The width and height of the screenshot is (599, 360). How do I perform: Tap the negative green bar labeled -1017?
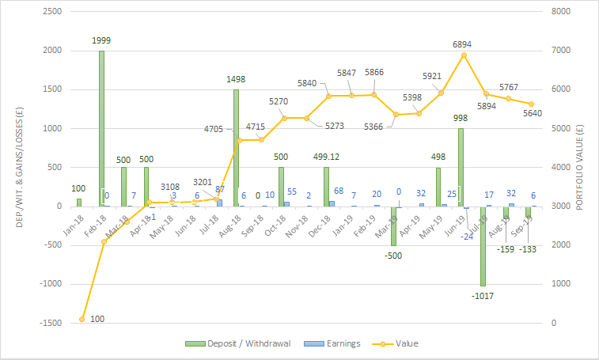(483, 246)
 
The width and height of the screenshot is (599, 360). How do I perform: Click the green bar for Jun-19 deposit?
(461, 167)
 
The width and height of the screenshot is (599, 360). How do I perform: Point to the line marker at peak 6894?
(464, 55)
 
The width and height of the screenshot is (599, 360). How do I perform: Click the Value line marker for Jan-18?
(82, 319)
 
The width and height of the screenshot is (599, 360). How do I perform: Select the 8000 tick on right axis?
(559, 12)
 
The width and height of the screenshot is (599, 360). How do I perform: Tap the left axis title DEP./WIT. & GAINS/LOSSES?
(17, 167)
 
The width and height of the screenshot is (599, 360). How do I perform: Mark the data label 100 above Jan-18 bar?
(78, 188)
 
